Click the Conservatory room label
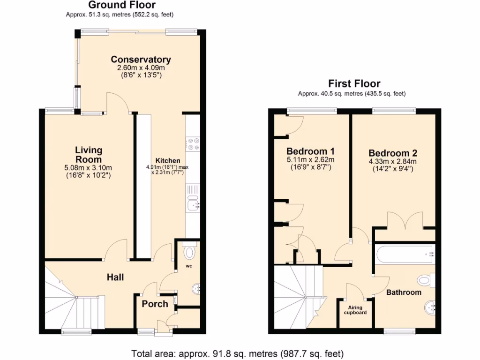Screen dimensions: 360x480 [141, 60]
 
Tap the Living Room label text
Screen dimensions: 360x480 [89, 155]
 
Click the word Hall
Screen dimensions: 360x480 [115, 277]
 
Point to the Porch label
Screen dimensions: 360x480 [155, 304]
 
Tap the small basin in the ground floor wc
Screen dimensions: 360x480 [196, 288]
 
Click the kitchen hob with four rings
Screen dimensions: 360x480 [193, 144]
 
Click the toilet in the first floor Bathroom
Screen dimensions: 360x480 [425, 280]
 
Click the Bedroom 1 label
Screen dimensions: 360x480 [310, 151]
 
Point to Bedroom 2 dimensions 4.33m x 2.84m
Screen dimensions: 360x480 [392, 162]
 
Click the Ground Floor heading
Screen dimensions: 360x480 [122, 5]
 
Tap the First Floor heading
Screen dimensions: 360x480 [354, 84]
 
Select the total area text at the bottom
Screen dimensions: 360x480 [238, 352]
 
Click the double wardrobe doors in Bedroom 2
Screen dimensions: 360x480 [405, 220]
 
